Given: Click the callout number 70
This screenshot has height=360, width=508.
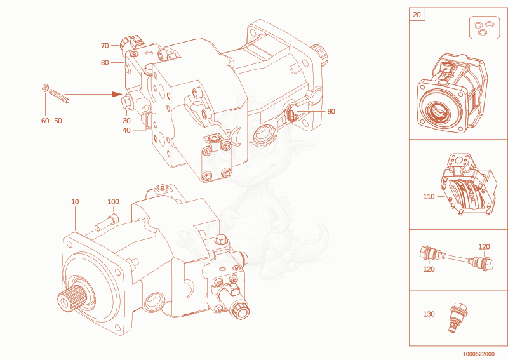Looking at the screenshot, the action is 105,46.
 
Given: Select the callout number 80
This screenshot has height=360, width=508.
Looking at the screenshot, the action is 105,62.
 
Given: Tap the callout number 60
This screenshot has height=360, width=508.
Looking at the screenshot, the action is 45,121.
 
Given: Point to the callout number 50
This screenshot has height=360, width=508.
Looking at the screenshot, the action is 58,121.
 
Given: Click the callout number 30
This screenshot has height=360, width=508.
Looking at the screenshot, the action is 126,121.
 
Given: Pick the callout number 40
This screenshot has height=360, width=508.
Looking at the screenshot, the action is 126,130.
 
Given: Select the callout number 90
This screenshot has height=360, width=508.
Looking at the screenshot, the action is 331,111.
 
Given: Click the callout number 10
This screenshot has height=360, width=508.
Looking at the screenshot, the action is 75,201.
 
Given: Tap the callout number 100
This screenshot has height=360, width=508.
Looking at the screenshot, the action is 114,201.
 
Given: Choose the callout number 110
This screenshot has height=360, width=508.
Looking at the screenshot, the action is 429,197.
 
